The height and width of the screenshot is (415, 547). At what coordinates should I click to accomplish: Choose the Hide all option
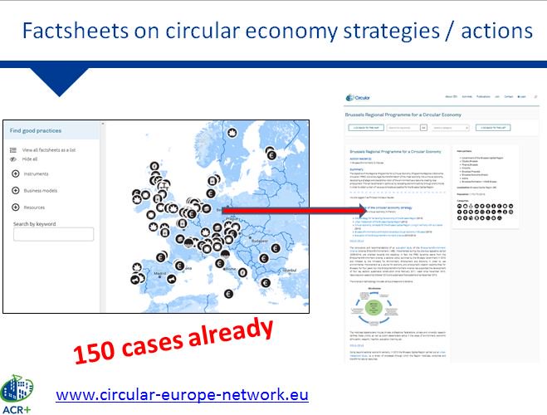[x=30, y=159]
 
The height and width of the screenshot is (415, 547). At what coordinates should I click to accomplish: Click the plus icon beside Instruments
[x=16, y=174]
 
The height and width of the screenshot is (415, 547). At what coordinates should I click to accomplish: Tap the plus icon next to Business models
[x=16, y=191]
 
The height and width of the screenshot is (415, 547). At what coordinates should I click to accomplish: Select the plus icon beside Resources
[x=16, y=207]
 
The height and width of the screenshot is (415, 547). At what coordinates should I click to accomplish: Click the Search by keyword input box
[x=53, y=235]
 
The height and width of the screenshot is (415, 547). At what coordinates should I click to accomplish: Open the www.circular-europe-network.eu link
[x=182, y=394]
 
